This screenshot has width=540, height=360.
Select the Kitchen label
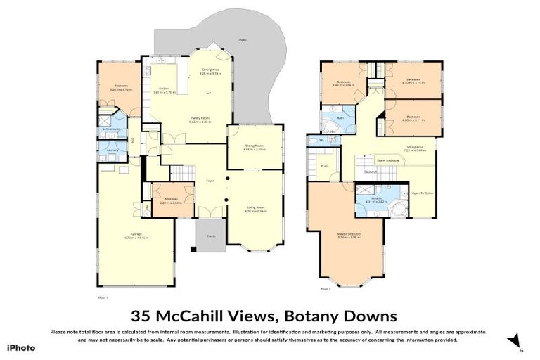click(164, 89)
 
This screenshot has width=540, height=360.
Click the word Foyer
click(209, 181)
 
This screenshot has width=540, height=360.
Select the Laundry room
click(112, 150)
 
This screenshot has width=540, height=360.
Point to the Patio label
click(243, 40)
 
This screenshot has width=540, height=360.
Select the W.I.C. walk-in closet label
click(325, 166)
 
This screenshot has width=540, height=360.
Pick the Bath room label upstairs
click(339, 118)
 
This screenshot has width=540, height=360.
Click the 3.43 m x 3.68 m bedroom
click(344, 84)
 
